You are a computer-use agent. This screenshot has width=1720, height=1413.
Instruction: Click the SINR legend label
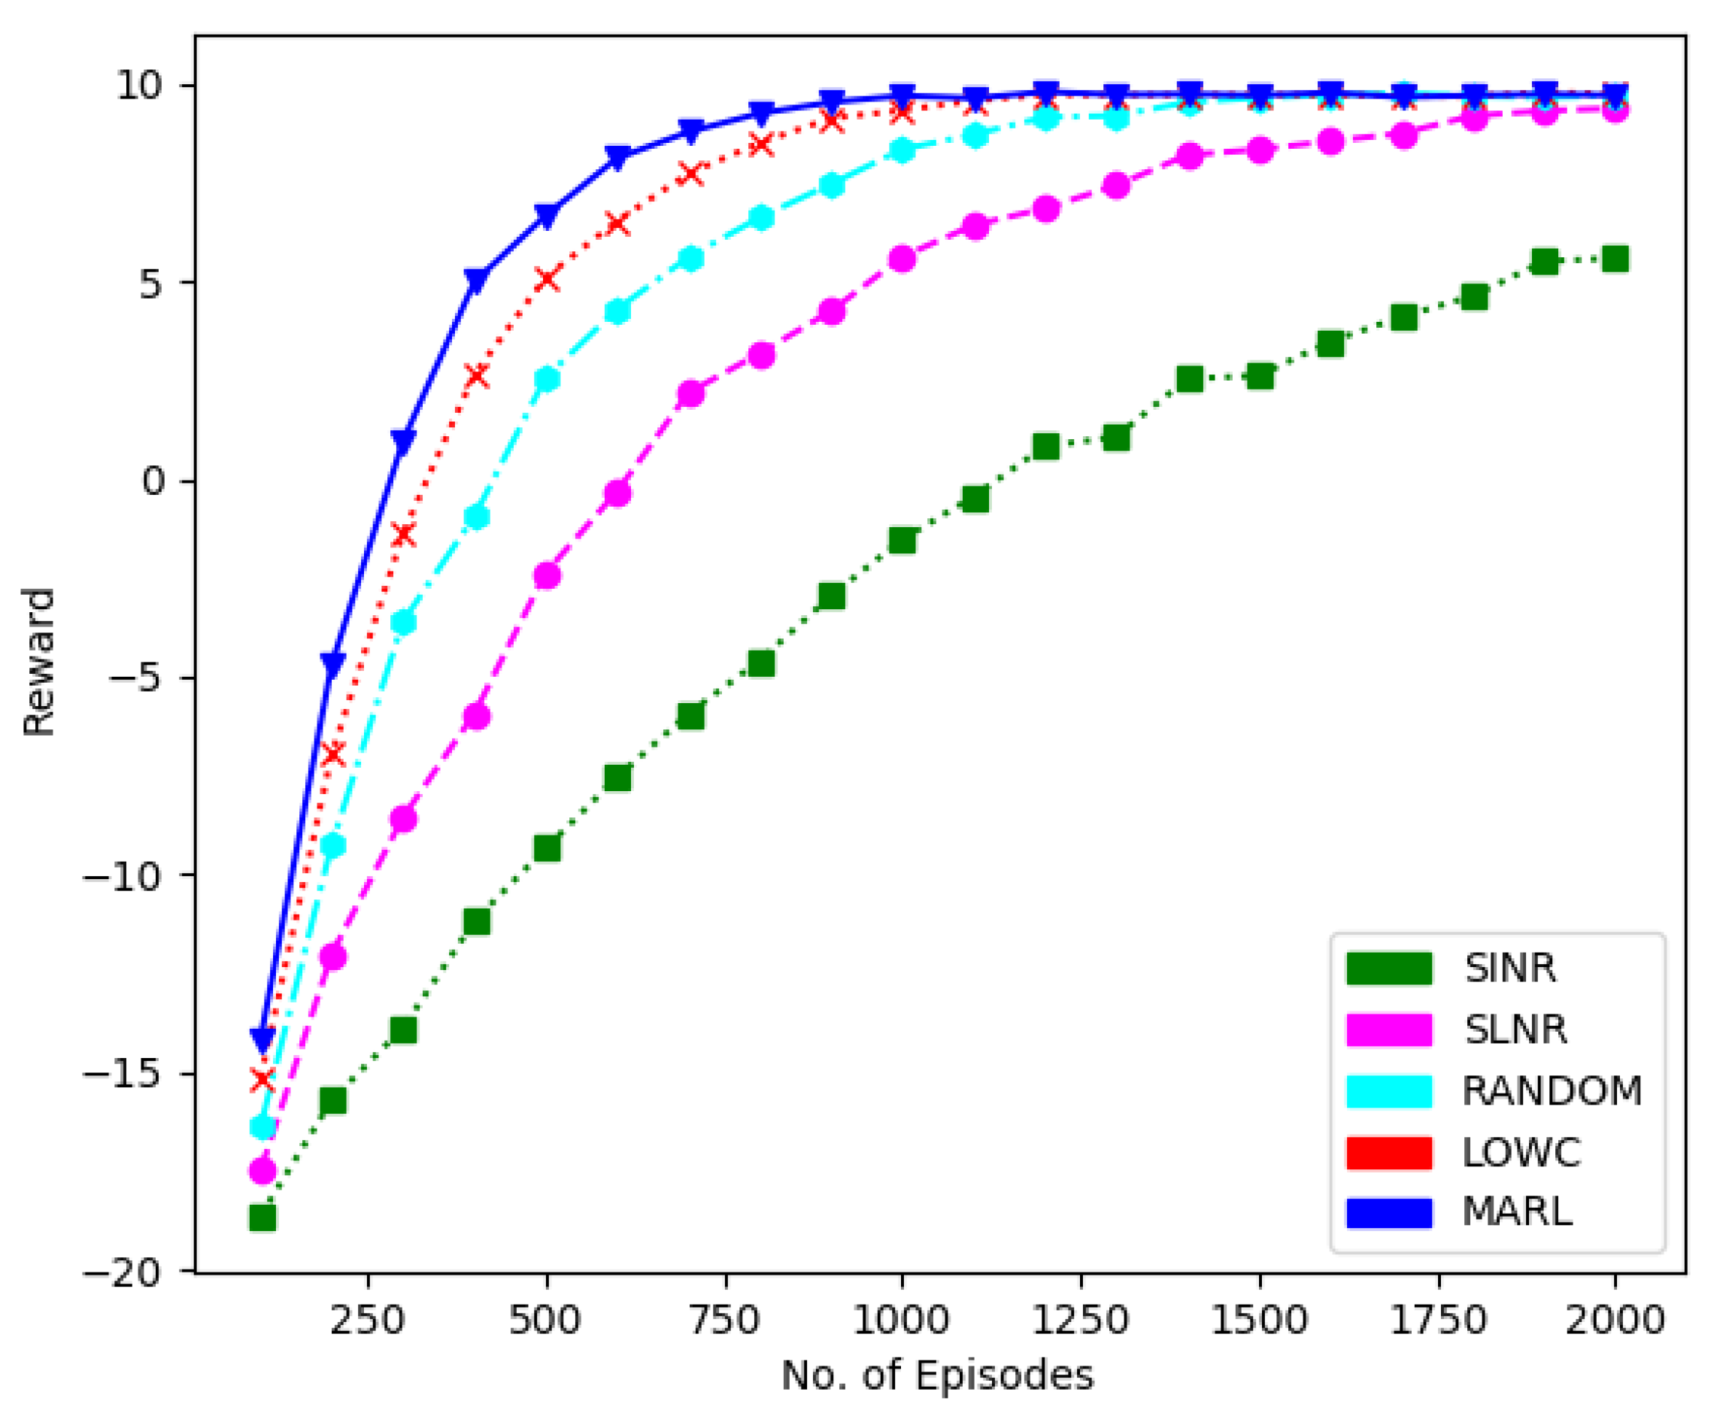[1509, 968]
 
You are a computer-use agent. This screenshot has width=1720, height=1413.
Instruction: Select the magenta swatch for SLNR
[1388, 1029]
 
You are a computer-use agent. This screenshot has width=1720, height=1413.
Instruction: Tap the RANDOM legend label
[1552, 1090]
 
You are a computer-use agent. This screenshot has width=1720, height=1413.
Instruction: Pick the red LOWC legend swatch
[1388, 1153]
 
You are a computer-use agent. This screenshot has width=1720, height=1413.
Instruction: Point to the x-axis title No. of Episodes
[937, 1375]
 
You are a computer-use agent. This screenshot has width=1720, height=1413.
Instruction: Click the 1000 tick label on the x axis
[901, 1320]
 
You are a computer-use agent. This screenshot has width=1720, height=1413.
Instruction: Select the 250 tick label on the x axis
[367, 1320]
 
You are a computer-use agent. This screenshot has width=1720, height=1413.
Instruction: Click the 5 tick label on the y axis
[151, 284]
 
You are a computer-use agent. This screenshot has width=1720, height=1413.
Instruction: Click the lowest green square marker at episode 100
[262, 1218]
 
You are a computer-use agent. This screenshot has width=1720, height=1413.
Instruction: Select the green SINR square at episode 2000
[1615, 259]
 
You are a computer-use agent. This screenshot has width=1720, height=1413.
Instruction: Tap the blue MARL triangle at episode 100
[262, 1039]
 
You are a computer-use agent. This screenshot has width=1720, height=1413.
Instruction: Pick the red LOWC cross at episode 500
[547, 279]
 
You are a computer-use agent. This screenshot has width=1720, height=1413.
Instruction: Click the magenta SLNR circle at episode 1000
[902, 259]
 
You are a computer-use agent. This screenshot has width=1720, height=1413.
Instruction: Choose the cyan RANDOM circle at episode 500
[547, 378]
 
